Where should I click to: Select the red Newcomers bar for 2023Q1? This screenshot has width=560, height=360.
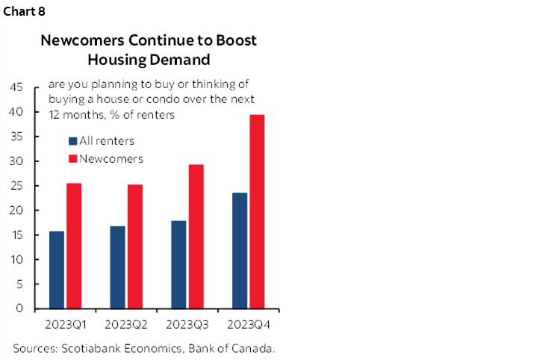coord(74,246)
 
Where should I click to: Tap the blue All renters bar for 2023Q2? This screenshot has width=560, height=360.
coord(117,267)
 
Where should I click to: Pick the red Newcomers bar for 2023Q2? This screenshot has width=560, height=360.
coord(135,246)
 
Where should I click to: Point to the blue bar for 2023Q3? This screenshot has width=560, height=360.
coord(178,264)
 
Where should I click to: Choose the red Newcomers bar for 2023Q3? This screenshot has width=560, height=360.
coord(196,236)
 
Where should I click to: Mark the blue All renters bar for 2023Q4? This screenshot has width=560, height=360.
coord(240,250)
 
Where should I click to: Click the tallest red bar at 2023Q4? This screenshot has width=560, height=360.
coord(258,211)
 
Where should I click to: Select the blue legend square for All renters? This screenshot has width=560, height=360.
coord(72,140)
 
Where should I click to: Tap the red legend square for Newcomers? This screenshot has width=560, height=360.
coord(72,158)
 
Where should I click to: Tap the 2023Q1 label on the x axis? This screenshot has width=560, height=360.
coord(65,325)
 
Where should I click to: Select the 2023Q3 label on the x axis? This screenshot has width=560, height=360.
coord(187,325)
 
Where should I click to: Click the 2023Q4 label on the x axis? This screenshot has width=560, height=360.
coord(249,325)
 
